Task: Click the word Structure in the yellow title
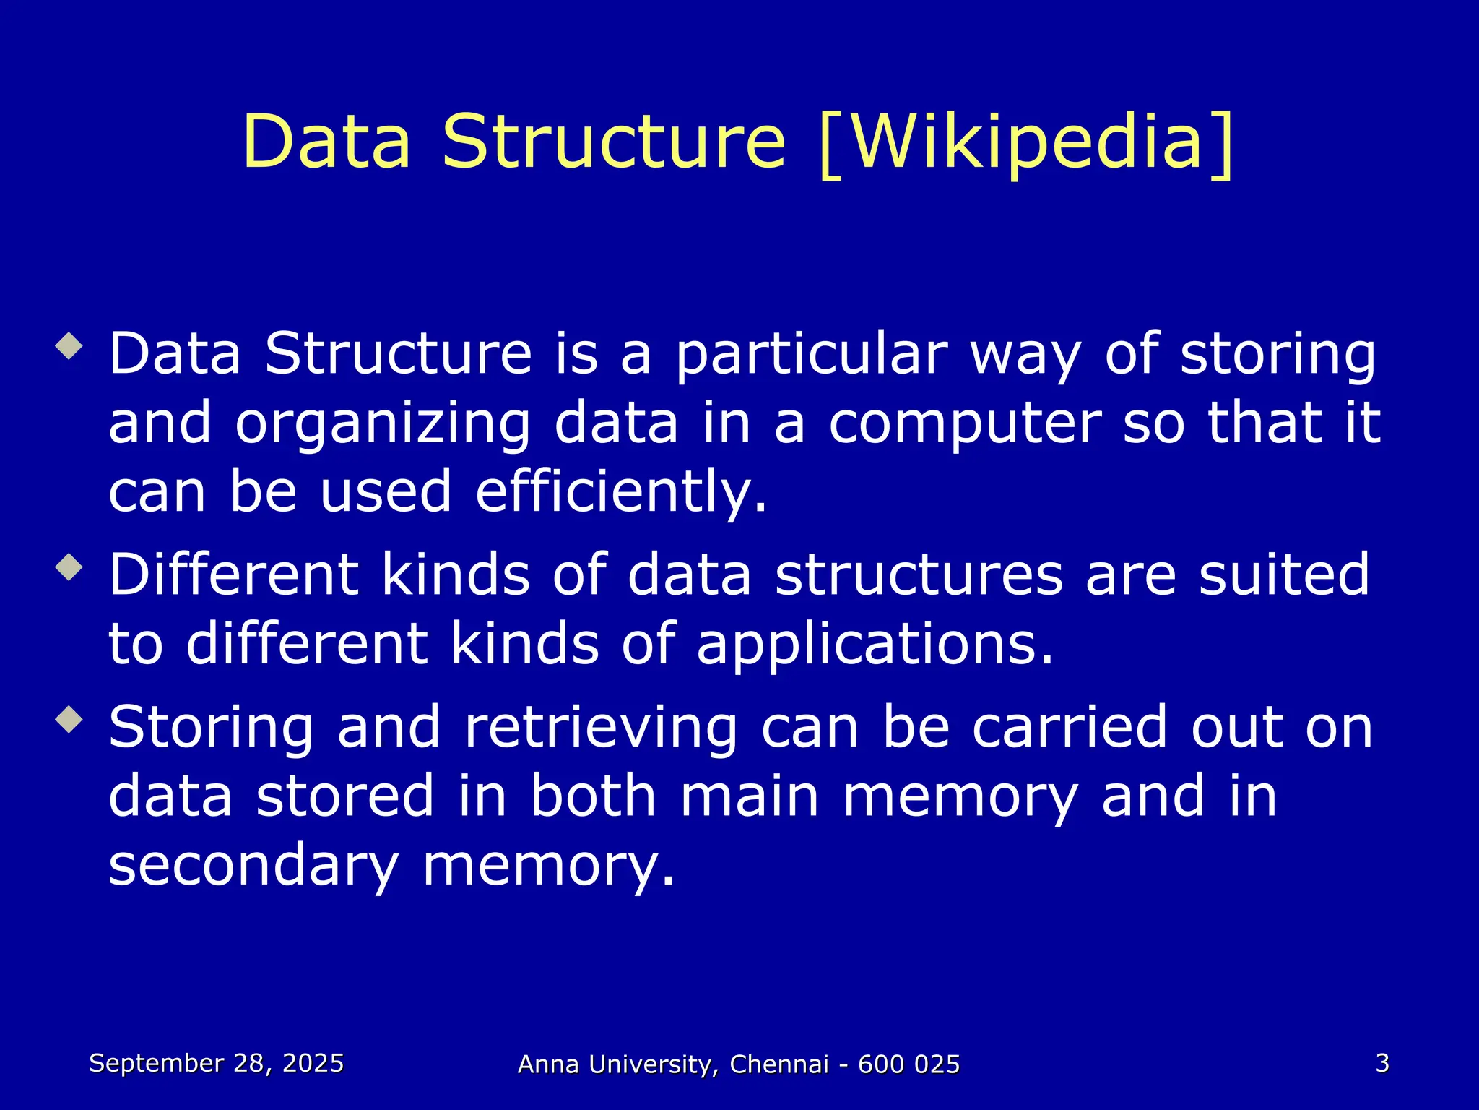613,142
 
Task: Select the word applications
875,645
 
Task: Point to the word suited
1284,575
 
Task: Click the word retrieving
601,728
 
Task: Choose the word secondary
253,866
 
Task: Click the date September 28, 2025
216,1063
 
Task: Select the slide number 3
1382,1063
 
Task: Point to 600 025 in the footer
908,1064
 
